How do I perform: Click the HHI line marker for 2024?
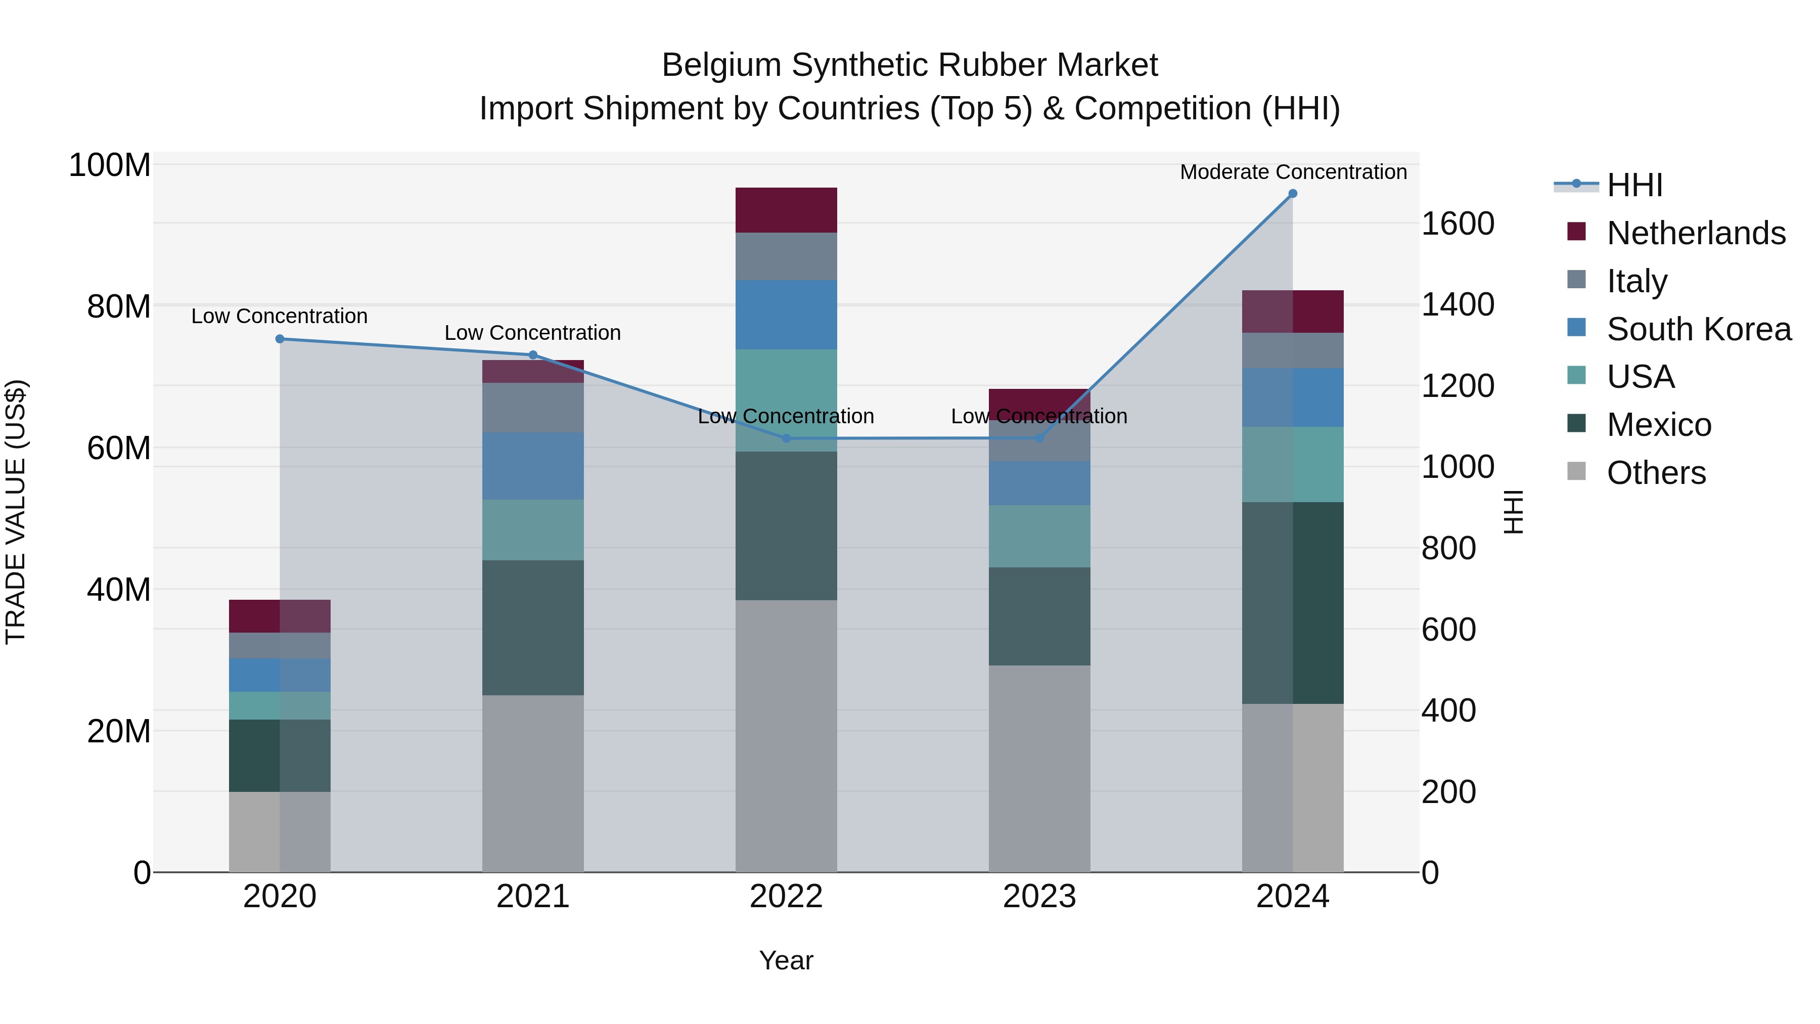(x=1292, y=193)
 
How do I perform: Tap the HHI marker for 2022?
(x=786, y=438)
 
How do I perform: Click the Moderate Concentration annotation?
(x=1293, y=172)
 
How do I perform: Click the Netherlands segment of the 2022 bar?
(x=786, y=210)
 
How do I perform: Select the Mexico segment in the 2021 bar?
(x=533, y=628)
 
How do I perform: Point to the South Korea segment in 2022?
(x=786, y=315)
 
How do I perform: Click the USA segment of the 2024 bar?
(x=1292, y=464)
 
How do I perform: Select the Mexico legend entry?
(x=1658, y=425)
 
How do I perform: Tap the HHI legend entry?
(x=1633, y=185)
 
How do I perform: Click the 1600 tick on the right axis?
(x=1457, y=224)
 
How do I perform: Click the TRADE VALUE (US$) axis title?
(x=16, y=512)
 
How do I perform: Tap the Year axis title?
(x=786, y=960)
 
